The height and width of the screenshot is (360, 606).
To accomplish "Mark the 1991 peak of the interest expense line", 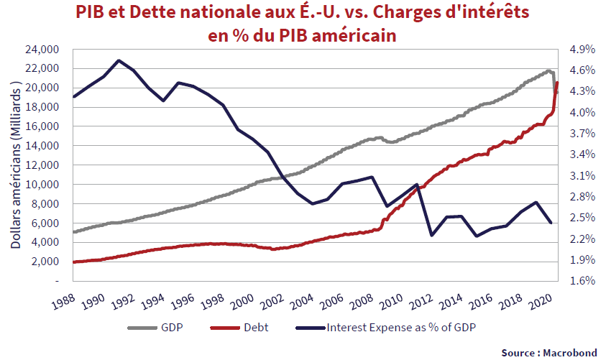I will click(x=119, y=60).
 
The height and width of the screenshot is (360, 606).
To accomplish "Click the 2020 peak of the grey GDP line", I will click(x=548, y=70).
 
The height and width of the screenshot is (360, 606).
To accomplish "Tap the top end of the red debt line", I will click(x=557, y=83).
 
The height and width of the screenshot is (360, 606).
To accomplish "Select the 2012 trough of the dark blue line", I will click(x=431, y=235).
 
